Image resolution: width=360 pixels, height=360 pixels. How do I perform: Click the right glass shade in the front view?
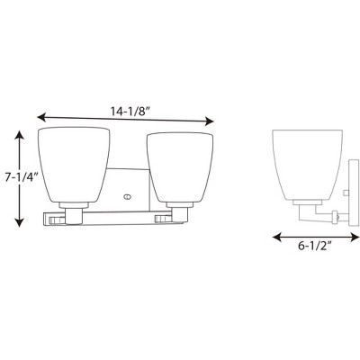click(x=180, y=166)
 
